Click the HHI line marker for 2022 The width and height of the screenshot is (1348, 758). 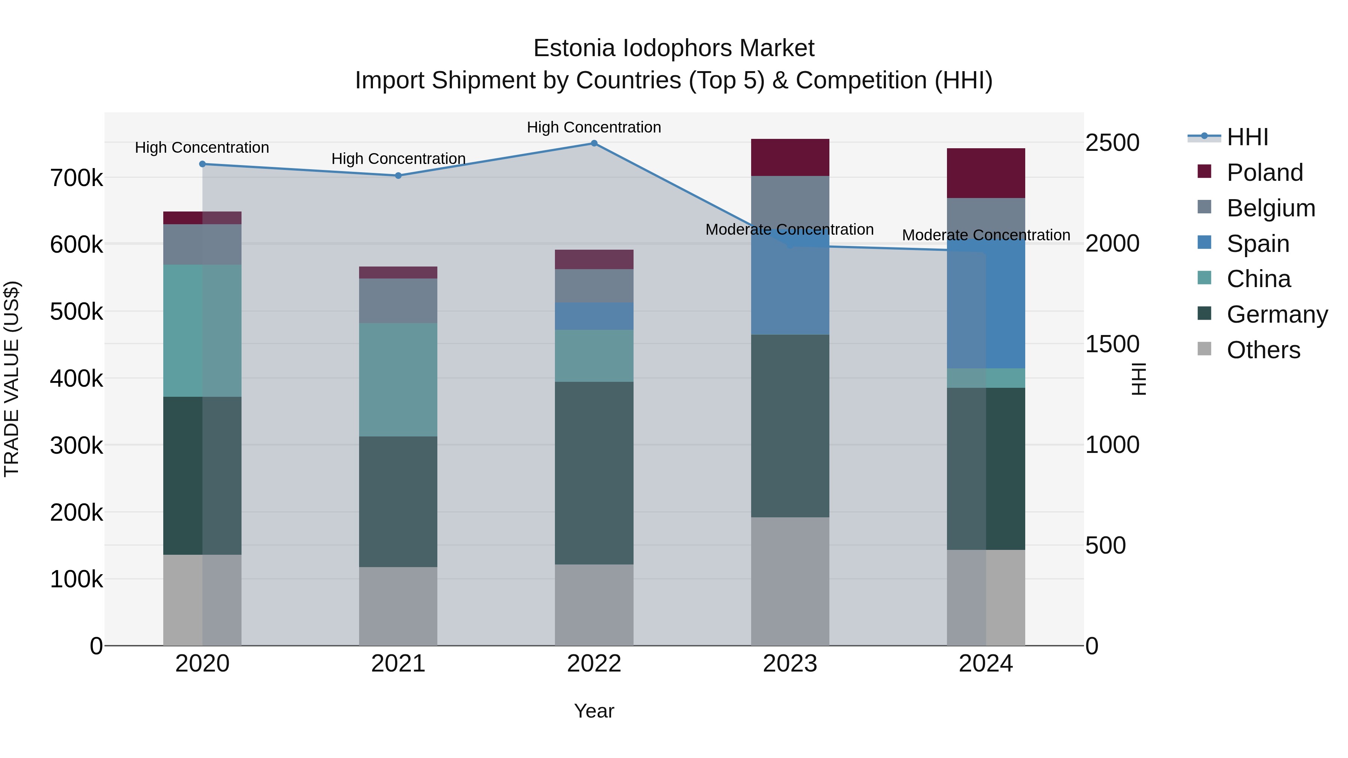(x=594, y=143)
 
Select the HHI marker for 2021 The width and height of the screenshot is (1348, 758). (x=398, y=176)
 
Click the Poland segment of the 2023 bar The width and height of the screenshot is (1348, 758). (x=790, y=158)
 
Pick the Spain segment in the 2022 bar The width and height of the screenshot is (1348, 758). (x=594, y=316)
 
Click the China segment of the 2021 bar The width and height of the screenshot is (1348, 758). (x=398, y=380)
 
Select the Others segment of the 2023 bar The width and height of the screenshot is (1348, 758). (x=790, y=581)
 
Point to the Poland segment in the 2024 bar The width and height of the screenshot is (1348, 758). (x=986, y=173)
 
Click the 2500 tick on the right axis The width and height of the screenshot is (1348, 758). (x=1112, y=143)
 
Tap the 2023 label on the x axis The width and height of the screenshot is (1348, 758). (x=790, y=664)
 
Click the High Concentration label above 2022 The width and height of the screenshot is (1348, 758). (x=594, y=127)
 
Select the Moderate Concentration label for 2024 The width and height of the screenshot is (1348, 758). (x=986, y=235)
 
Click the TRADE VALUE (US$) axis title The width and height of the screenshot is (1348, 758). (x=12, y=379)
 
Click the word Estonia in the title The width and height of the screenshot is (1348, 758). (x=574, y=48)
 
